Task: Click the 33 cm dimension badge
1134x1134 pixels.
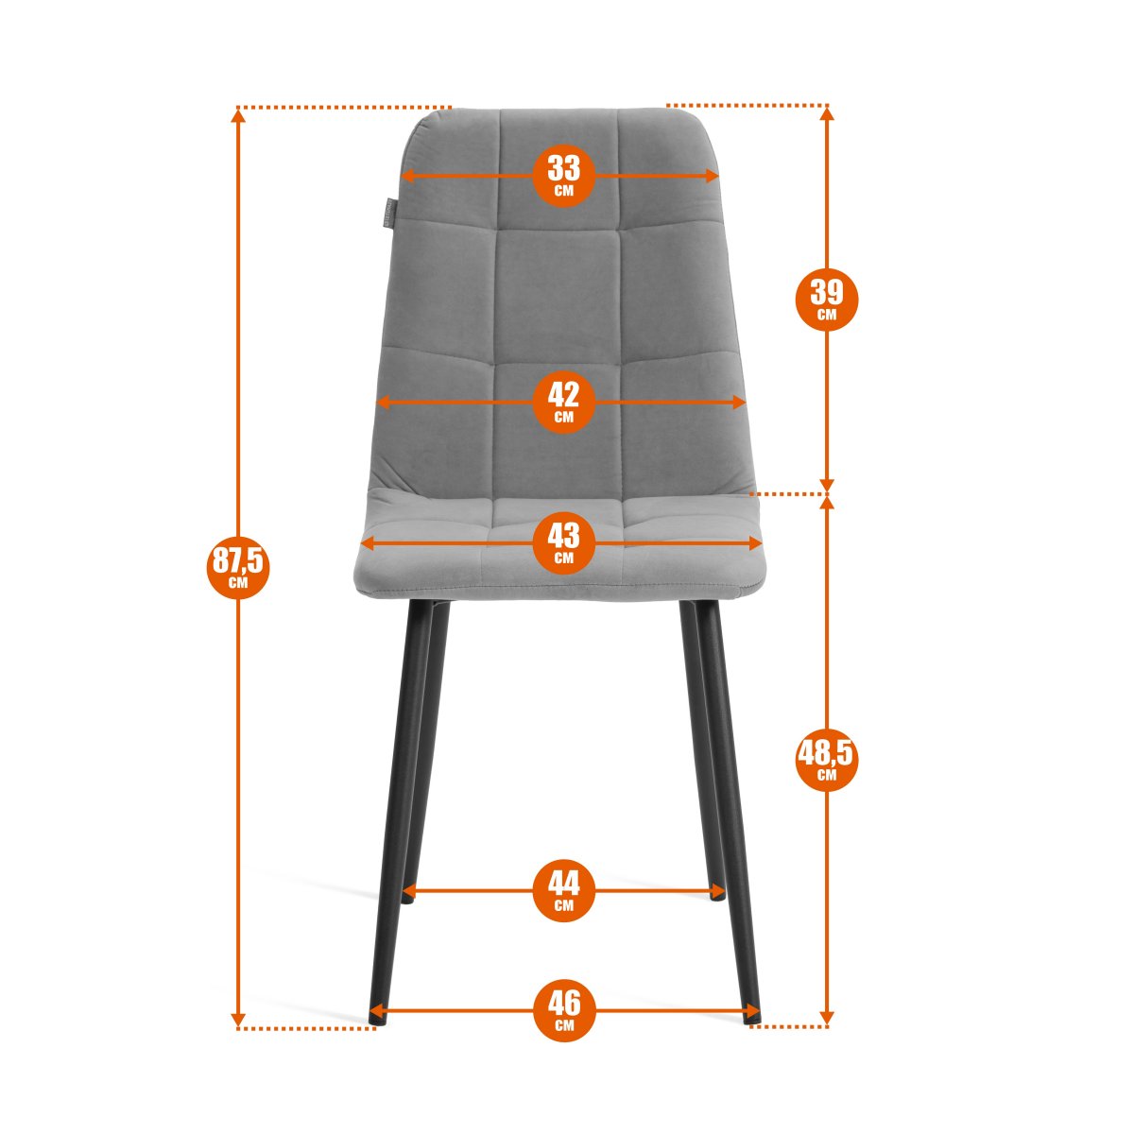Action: pyautogui.click(x=563, y=176)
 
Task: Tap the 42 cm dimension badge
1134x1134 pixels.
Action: pyautogui.click(x=563, y=402)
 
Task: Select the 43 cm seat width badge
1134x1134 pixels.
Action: pyautogui.click(x=563, y=542)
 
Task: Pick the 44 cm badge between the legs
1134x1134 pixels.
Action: pyautogui.click(x=563, y=890)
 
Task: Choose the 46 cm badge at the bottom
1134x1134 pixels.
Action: pyautogui.click(x=563, y=1011)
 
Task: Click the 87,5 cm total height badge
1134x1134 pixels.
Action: pyautogui.click(x=238, y=567)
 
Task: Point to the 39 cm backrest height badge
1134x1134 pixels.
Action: pyautogui.click(x=826, y=299)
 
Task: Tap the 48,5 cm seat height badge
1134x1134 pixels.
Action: pyautogui.click(x=826, y=759)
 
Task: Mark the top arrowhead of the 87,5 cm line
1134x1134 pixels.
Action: pyautogui.click(x=238, y=116)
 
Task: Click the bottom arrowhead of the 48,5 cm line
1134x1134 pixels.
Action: pyautogui.click(x=826, y=1018)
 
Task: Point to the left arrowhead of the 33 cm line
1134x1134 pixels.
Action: pyautogui.click(x=407, y=176)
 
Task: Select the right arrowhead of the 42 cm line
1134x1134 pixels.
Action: pyautogui.click(x=739, y=402)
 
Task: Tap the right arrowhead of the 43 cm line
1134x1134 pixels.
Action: pyautogui.click(x=756, y=543)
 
